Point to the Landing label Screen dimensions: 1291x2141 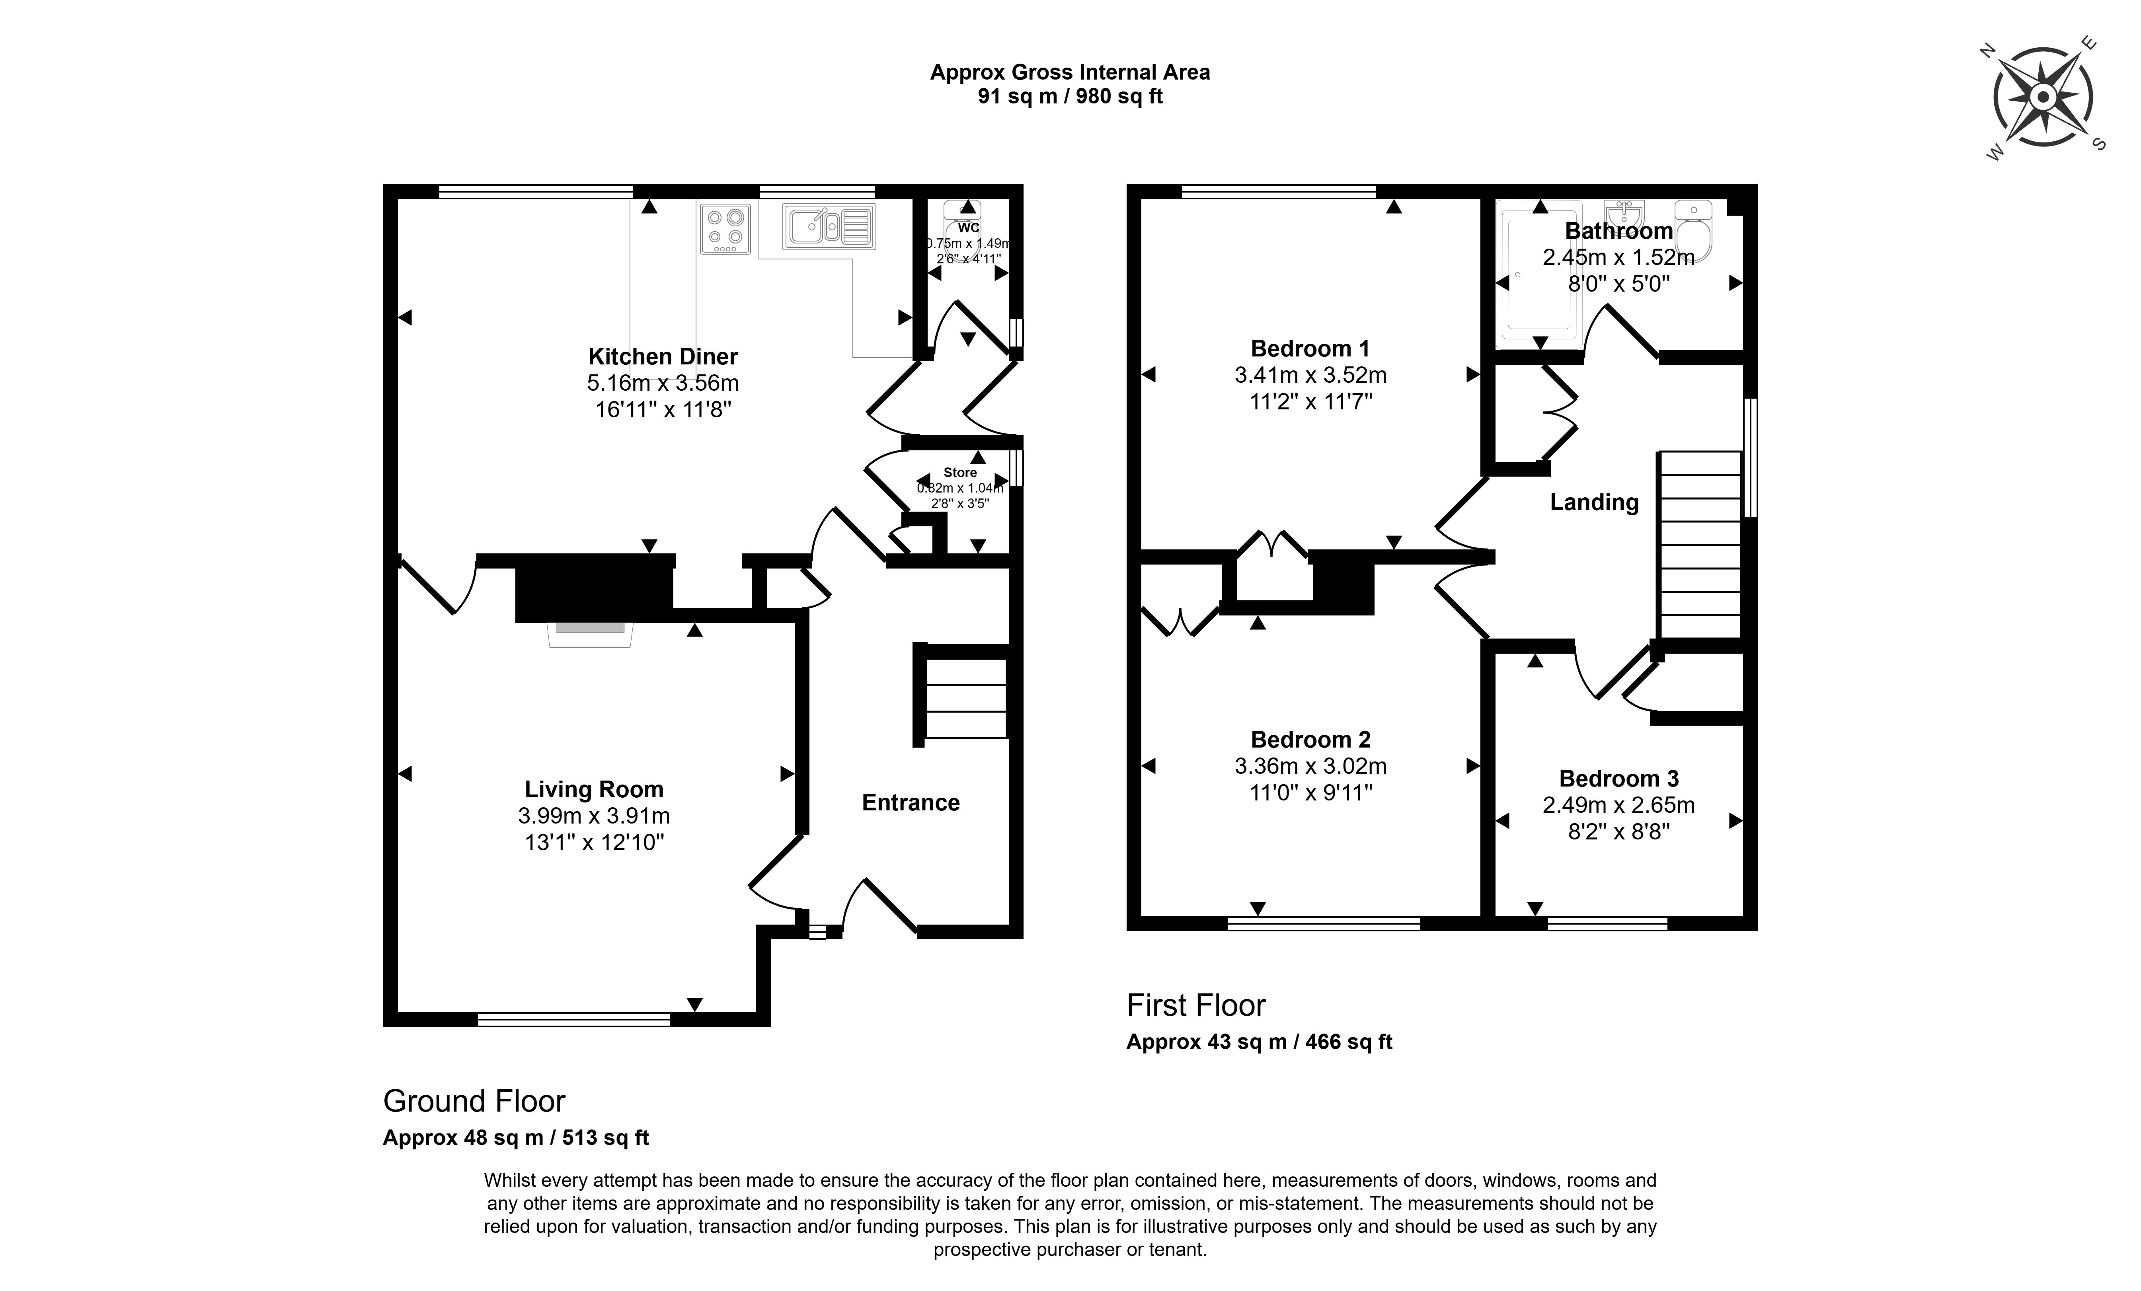1593,502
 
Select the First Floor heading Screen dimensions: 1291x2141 1195,1005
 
